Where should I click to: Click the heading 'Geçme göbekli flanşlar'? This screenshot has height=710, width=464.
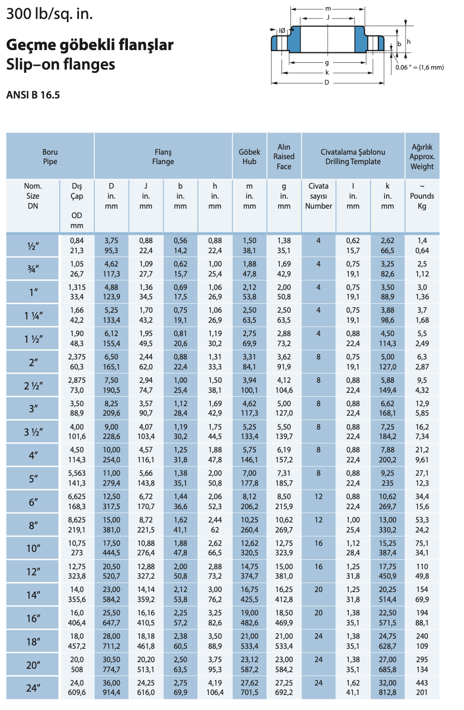tap(90, 45)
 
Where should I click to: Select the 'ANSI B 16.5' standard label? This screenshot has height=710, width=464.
tap(33, 95)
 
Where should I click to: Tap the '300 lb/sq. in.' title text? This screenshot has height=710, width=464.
tap(50, 14)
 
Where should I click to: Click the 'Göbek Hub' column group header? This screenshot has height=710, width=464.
tap(249, 156)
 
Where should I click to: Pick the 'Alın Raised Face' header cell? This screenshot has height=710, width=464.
tap(284, 156)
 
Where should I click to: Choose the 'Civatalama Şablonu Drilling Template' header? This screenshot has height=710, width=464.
tap(353, 156)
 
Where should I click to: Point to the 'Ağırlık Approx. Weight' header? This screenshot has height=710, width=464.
tap(422, 156)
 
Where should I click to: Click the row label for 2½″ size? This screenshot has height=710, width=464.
tap(33, 386)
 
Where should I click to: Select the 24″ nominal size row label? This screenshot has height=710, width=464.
tap(33, 688)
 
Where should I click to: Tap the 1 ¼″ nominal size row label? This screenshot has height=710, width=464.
tap(33, 315)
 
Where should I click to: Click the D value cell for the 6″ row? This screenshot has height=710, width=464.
tap(111, 502)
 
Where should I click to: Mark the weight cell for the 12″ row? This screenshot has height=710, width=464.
tap(422, 571)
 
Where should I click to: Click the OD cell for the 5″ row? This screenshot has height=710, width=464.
tap(77, 479)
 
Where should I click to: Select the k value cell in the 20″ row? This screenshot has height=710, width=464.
tap(387, 664)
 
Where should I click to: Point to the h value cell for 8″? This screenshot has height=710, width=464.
tap(215, 525)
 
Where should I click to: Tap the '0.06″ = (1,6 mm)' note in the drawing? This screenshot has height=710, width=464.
tap(419, 67)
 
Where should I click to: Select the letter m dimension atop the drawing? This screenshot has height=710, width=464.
tap(328, 9)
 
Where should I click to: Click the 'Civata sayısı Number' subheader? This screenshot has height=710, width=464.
tap(318, 196)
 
